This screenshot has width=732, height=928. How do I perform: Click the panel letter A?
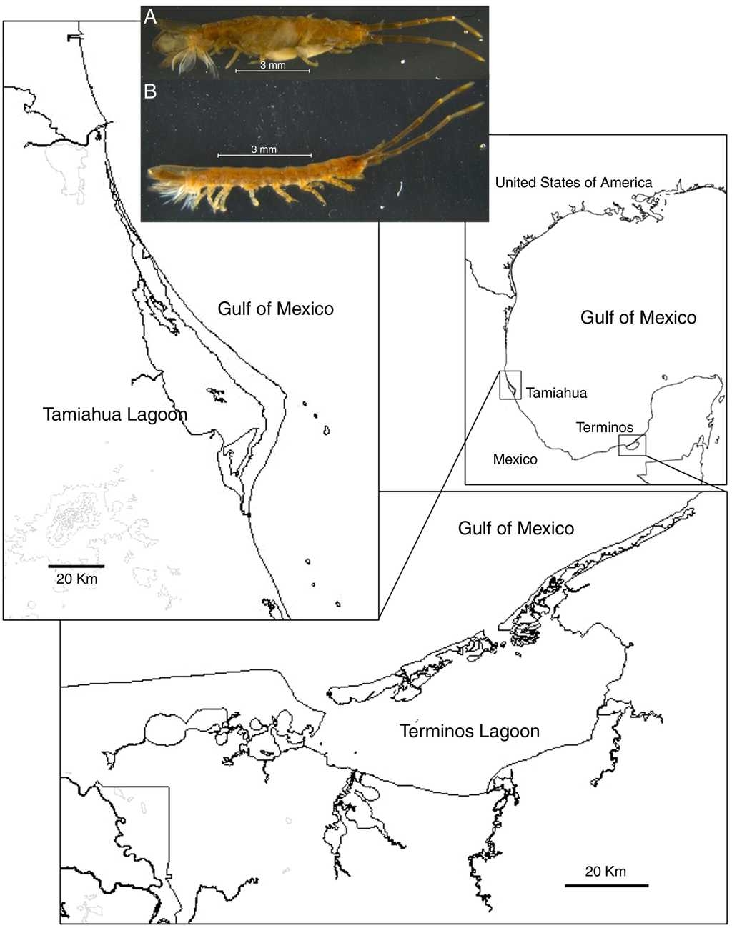click(150, 17)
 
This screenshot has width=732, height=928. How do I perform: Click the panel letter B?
click(150, 91)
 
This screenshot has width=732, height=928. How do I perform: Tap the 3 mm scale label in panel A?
click(272, 65)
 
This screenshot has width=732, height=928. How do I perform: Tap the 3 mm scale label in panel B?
click(264, 149)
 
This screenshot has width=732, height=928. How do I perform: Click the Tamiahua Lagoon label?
click(115, 414)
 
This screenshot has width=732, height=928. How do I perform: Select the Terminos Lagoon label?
click(470, 731)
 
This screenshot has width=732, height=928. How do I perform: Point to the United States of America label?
click(573, 183)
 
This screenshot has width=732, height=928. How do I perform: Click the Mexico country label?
click(515, 459)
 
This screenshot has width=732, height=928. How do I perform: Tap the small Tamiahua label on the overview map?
click(556, 393)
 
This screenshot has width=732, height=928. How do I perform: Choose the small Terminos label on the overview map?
click(604, 428)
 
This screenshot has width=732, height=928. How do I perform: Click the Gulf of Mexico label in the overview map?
click(638, 318)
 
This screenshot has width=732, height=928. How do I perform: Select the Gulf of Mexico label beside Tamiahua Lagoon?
click(275, 309)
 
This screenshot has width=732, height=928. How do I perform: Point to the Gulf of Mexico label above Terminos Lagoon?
click(515, 528)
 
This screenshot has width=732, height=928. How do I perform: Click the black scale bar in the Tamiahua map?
click(76, 566)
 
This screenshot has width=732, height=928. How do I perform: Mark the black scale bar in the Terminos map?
click(606, 886)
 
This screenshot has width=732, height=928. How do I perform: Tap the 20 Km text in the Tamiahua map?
click(76, 579)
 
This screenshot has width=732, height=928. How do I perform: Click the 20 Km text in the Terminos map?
click(605, 872)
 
